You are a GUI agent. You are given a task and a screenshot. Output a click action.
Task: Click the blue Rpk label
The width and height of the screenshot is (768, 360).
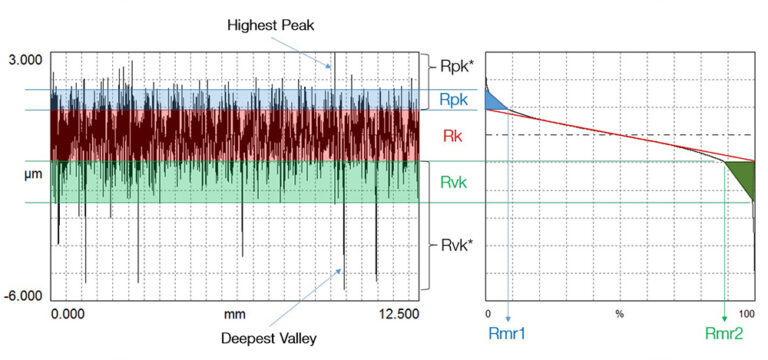pyautogui.click(x=453, y=100)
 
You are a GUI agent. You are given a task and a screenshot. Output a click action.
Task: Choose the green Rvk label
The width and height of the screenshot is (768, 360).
pyautogui.click(x=454, y=182)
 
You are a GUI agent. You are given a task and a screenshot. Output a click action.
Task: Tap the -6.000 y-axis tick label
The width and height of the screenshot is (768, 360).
pyautogui.click(x=24, y=296)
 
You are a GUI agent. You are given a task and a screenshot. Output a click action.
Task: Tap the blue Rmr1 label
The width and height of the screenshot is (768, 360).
pyautogui.click(x=508, y=338)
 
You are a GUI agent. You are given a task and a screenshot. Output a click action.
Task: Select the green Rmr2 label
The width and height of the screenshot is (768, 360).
pyautogui.click(x=725, y=338)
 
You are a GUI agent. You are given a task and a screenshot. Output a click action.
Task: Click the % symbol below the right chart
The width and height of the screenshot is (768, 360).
pyautogui.click(x=620, y=314)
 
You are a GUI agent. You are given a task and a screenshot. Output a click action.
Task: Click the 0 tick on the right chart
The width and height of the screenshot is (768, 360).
pyautogui.click(x=487, y=314)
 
